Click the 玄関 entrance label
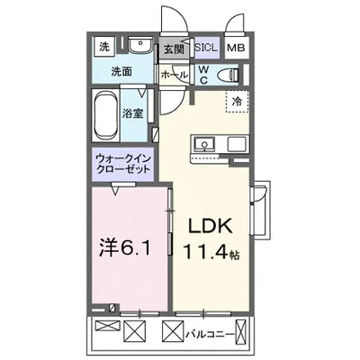[x=173, y=50]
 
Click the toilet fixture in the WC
[x=229, y=75]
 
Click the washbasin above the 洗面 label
[x=139, y=47]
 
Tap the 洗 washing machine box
[x=103, y=46]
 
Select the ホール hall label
[x=173, y=76]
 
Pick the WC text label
[x=204, y=74]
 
